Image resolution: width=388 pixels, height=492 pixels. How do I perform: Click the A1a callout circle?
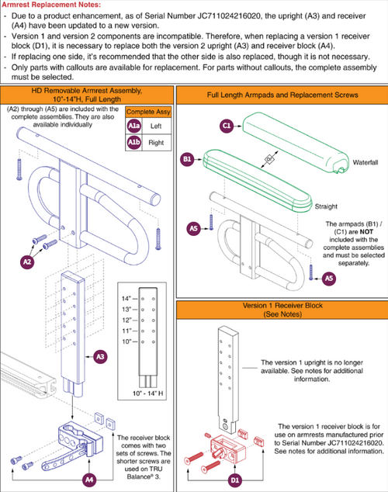[x=133, y=126]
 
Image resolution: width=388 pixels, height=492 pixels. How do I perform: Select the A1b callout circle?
[x=133, y=143]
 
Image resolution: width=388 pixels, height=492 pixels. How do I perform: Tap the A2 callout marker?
[x=27, y=262]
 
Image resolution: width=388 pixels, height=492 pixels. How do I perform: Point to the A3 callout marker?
[x=100, y=357]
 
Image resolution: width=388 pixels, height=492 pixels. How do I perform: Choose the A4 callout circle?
[x=89, y=480]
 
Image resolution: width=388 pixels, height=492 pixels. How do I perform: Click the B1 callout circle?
[x=187, y=159]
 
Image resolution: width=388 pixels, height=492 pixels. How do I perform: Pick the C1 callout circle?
[x=227, y=126]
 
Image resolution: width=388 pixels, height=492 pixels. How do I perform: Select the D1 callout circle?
[x=235, y=480]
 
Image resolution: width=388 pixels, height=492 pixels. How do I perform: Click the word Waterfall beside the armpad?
[x=365, y=162]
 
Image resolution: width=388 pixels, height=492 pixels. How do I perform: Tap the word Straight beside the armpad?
[x=326, y=206]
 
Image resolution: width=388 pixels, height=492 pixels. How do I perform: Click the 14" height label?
[x=126, y=299]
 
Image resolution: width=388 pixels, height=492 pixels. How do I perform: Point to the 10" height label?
[x=126, y=341]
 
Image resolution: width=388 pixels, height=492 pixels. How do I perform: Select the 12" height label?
[x=126, y=320]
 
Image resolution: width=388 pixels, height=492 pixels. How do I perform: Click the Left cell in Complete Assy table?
[x=156, y=126]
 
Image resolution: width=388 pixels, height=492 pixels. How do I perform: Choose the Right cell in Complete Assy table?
[x=156, y=143]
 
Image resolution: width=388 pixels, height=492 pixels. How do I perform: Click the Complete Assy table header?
[x=148, y=112]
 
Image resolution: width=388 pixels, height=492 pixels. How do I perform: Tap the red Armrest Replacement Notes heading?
[x=51, y=5]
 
